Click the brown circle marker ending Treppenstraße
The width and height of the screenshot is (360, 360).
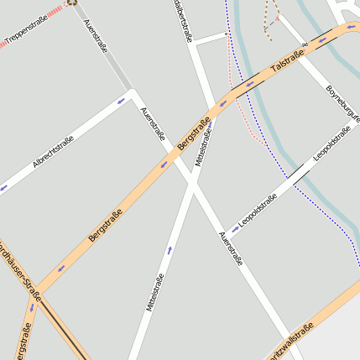click(x=72, y=3)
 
